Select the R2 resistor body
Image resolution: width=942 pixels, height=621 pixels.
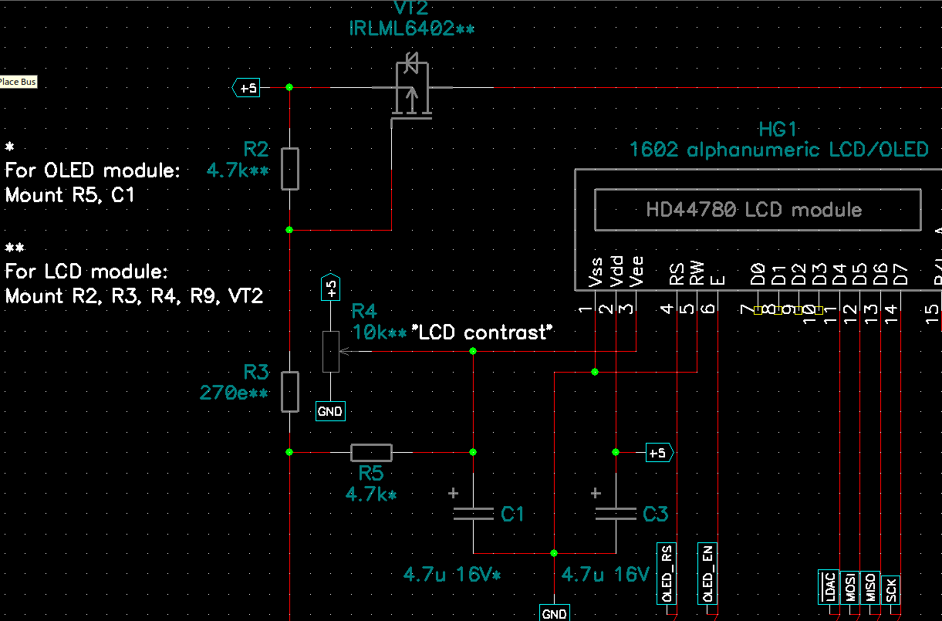289,169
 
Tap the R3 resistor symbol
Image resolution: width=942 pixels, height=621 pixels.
289,392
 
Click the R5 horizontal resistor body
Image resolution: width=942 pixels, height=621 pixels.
371,452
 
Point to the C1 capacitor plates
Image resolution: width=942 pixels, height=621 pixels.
473,515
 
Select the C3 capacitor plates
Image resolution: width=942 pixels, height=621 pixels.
615,515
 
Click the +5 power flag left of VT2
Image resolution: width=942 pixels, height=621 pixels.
246,88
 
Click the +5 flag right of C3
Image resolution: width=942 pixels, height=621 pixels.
659,452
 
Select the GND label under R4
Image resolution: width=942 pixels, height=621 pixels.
330,412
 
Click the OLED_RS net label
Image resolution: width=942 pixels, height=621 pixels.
666,574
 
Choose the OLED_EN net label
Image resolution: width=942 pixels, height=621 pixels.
708,574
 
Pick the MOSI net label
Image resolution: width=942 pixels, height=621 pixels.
849,588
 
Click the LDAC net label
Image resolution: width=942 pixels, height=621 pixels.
828,588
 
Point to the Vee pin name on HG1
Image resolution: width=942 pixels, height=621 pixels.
636,272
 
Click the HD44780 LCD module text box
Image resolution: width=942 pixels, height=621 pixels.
757,210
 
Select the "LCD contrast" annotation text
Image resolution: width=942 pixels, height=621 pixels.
484,332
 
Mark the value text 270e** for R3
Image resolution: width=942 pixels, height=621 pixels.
234,393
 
